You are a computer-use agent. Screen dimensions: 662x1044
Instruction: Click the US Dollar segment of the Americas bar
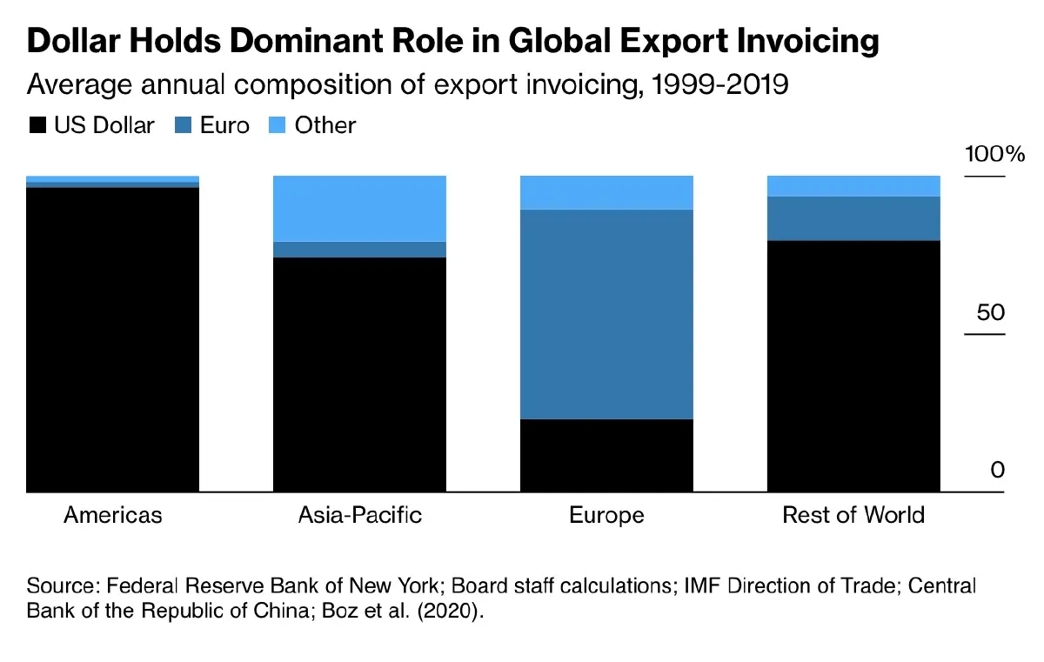113,339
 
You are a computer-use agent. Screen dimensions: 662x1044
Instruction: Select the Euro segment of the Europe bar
606,314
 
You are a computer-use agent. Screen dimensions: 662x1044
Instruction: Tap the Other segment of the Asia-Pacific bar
359,208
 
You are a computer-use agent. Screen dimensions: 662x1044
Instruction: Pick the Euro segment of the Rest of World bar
853,218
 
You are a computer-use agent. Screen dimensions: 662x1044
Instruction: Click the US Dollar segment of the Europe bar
606,455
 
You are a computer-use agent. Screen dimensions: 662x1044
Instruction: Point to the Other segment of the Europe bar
606,192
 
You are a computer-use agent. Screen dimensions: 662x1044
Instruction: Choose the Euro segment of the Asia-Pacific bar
359,250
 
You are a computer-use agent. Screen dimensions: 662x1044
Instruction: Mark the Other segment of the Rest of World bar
853,186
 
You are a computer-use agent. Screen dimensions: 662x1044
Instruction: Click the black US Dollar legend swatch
37,126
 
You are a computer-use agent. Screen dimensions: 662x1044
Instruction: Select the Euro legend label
224,126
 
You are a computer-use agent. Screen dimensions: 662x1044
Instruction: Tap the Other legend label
325,126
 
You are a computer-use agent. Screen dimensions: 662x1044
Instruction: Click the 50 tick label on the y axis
990,312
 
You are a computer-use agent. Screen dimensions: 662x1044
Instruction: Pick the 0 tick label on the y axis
997,471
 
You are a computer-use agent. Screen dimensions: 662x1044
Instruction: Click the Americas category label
113,515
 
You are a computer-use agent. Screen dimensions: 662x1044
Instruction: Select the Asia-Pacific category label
359,515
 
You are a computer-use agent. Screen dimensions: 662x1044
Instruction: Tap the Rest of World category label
853,515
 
